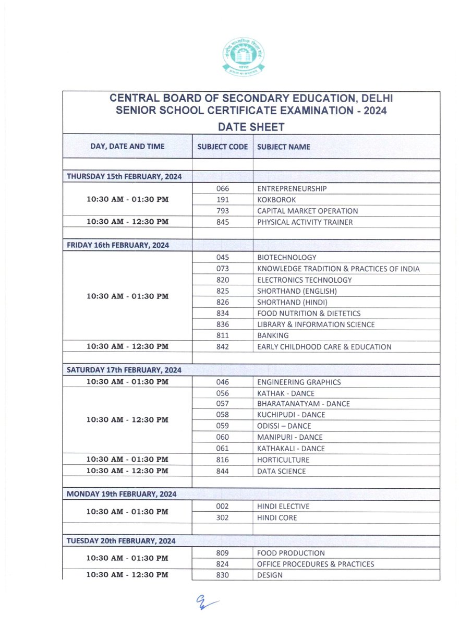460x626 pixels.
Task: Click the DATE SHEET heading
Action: (251, 127)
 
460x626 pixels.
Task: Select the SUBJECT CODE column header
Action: (223, 147)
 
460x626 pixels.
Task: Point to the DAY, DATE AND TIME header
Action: (127, 147)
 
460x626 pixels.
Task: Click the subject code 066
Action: (223, 189)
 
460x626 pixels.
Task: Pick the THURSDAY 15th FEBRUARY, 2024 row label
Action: (124, 177)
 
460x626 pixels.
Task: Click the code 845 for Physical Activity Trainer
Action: (223, 222)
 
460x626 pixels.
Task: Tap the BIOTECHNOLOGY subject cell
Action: (287, 258)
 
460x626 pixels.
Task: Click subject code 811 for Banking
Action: (223, 335)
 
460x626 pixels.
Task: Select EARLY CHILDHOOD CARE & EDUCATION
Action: (324, 347)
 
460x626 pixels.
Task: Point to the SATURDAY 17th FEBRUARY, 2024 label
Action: (124, 370)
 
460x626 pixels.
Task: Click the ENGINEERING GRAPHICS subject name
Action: (299, 382)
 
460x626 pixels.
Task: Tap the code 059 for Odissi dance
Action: (223, 426)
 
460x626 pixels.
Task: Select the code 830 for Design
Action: (223, 575)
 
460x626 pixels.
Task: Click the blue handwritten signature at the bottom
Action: (207, 604)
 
